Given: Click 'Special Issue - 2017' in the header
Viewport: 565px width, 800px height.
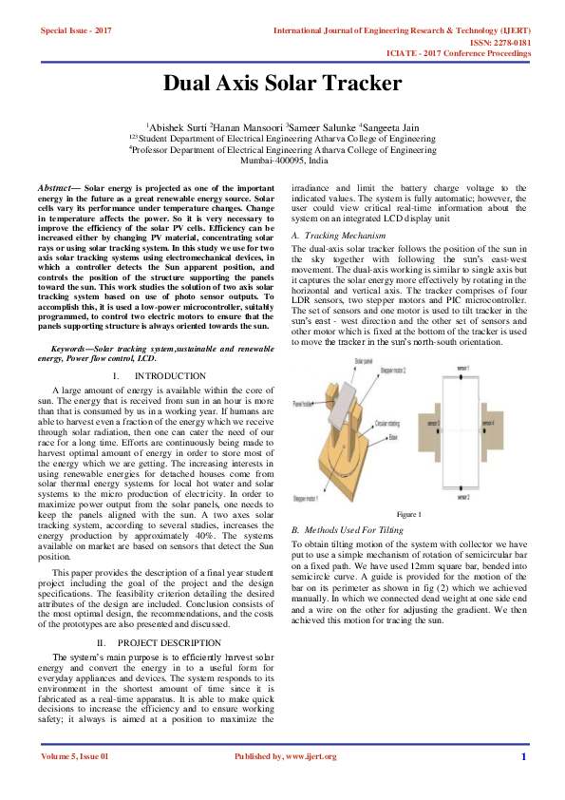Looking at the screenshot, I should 76,31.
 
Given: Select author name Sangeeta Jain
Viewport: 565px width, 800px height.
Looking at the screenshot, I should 392,125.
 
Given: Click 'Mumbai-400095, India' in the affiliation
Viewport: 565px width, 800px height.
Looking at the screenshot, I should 282,161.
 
